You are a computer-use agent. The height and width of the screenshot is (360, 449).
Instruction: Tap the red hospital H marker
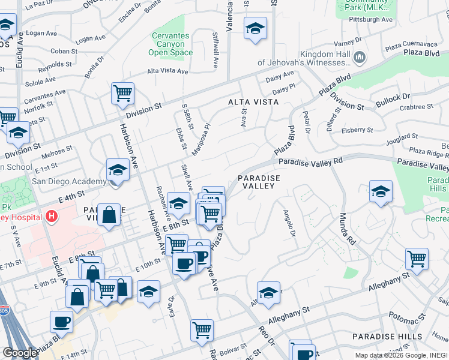[52, 215]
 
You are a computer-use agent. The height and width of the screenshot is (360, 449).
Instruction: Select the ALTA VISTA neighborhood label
[253, 102]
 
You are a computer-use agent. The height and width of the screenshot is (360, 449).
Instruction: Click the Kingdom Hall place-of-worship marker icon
[360, 58]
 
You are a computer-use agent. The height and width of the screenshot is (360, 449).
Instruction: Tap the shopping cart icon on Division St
[122, 94]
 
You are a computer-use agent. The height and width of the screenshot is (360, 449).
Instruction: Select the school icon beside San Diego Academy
[118, 170]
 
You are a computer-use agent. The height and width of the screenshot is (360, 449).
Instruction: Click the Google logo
[20, 353]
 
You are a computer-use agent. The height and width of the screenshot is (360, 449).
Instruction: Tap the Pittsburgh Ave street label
[370, 20]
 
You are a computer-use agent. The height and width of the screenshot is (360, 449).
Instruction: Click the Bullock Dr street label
[393, 96]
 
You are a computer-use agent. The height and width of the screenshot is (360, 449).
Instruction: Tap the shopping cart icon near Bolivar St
[202, 329]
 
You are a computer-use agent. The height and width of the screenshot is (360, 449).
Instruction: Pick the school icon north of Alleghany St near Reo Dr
[268, 293]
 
